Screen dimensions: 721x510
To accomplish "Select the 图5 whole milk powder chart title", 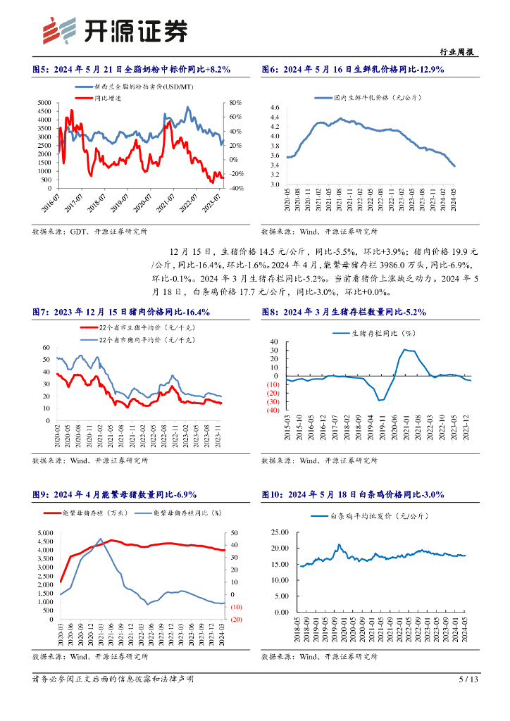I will tap(132, 69).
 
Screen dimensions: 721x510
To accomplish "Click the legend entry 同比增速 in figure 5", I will tap(108, 97).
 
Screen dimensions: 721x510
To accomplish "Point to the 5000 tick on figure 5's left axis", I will tap(44, 103).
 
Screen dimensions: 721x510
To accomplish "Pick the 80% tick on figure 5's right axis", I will tap(236, 103).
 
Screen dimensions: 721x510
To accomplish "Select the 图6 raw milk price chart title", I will tap(352, 69).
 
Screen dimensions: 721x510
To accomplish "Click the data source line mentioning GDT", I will tap(89, 231).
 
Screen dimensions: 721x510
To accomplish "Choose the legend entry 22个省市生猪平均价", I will tap(130, 329).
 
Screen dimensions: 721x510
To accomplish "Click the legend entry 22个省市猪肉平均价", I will tap(130, 339).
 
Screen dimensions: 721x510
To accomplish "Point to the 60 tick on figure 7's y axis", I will tap(46, 348).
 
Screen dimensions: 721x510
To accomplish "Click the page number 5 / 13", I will tap(468, 679).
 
